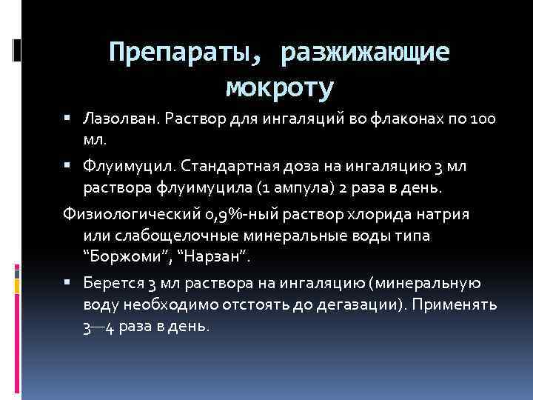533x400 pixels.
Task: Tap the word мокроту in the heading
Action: (281, 88)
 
